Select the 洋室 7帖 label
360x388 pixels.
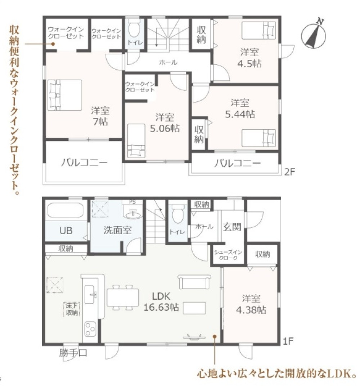(x=100, y=116)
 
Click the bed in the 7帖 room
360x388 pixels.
(x=64, y=95)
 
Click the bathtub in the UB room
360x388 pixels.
(x=66, y=210)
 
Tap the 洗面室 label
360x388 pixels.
(x=117, y=230)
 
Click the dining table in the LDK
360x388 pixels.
(x=123, y=298)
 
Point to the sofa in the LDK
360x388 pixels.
(x=194, y=282)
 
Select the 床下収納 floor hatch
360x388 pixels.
(x=71, y=309)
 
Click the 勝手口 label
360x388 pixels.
(x=73, y=353)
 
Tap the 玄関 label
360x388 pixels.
(x=232, y=227)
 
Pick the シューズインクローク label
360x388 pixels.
(x=228, y=255)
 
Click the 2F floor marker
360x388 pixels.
(x=290, y=172)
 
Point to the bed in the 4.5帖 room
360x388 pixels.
(x=258, y=30)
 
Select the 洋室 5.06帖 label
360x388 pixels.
(x=165, y=123)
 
